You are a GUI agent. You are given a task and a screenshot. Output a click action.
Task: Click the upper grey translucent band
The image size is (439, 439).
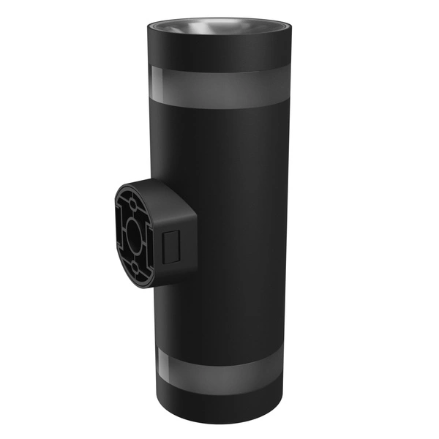(219, 86)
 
